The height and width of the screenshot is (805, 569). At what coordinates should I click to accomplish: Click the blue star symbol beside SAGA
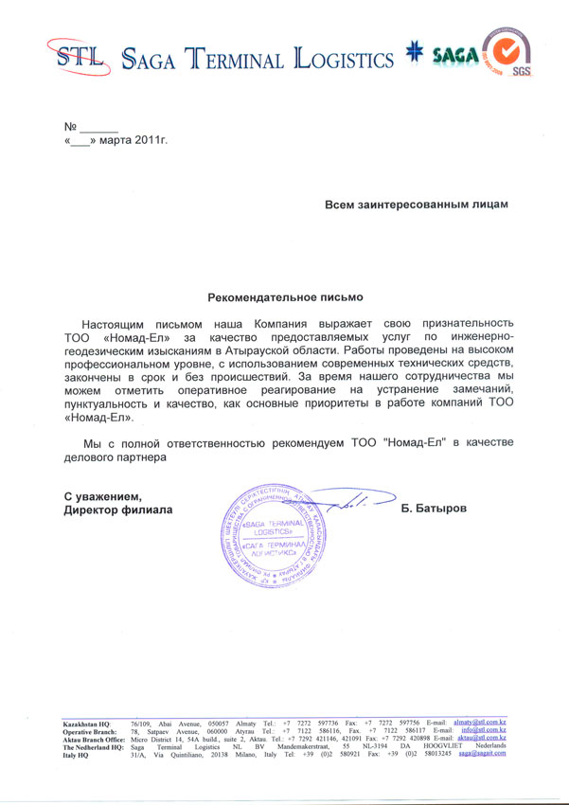[x=412, y=55]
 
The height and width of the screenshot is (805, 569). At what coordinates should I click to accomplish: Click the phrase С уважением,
[x=102, y=496]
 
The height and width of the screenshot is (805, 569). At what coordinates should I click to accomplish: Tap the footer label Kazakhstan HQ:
[x=87, y=723]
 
